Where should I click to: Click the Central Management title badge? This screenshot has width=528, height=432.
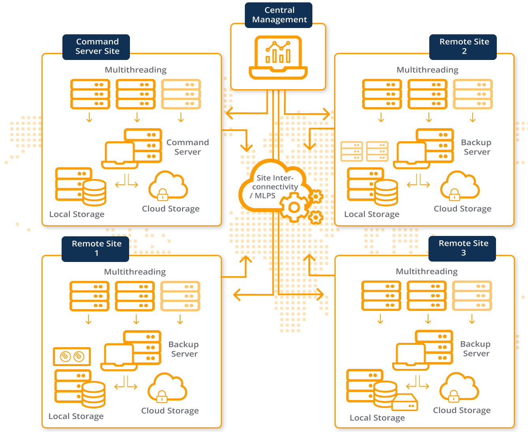coord(279,15)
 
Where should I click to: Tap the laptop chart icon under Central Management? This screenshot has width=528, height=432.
coord(278,58)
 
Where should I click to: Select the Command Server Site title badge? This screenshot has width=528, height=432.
coord(97,47)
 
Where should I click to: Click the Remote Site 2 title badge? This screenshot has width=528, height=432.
coord(464,47)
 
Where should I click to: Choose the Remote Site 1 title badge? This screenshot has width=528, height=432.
coord(96,249)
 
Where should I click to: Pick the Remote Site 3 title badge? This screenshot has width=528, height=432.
coord(463,248)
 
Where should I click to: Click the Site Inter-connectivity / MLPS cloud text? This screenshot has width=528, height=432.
coord(274,187)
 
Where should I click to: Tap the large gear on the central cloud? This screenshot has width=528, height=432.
coord(294,207)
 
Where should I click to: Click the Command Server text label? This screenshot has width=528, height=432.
coord(188,147)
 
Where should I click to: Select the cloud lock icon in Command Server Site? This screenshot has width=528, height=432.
coord(168,185)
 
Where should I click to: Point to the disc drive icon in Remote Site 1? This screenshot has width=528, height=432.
coord(72,357)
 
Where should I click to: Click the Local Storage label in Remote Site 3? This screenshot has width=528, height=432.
coord(377,418)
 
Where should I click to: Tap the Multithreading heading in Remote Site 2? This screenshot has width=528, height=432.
coord(427,70)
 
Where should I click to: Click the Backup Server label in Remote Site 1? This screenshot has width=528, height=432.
coord(184,349)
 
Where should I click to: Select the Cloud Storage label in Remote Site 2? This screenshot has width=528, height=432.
coord(462,209)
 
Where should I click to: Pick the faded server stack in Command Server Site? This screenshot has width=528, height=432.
coord(181,94)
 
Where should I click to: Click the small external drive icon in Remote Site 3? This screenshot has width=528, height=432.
coord(405,402)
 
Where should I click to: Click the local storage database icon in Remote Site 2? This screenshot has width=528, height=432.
coord(386,193)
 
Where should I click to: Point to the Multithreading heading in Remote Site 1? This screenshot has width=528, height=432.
coord(135,272)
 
